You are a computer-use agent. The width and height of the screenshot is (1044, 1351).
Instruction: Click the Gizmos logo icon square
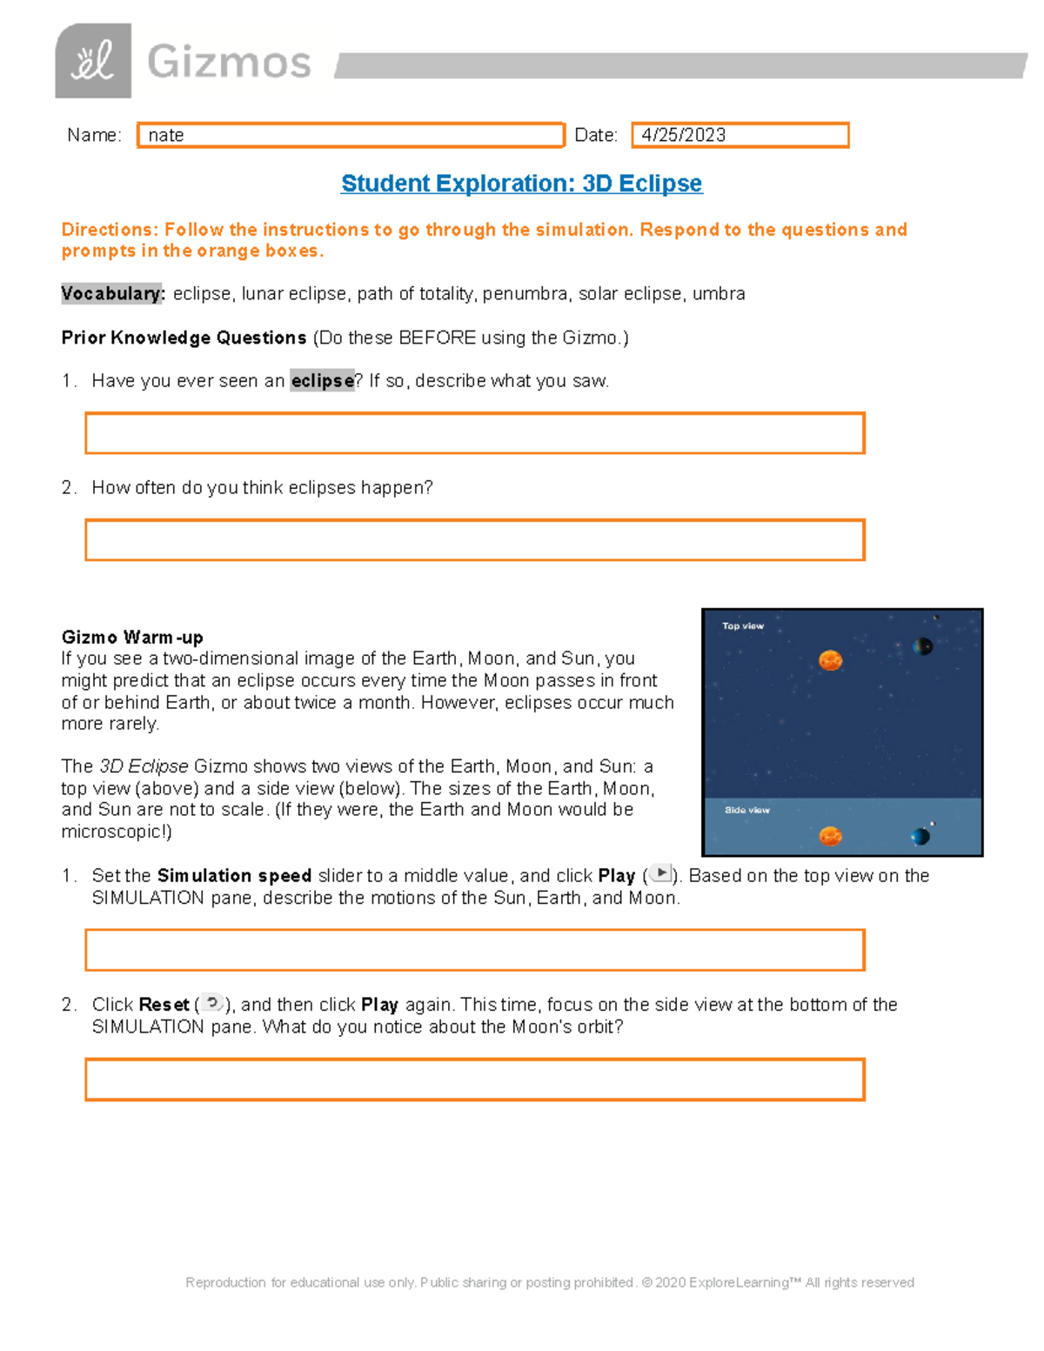click(x=93, y=61)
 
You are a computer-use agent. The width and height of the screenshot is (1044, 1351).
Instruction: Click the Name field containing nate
click(x=351, y=135)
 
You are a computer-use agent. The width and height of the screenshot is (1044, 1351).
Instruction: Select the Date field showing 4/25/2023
click(x=739, y=135)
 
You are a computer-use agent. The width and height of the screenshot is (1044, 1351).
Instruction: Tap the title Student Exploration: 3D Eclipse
click(x=521, y=184)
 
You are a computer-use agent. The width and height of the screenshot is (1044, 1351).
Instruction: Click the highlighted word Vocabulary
click(x=112, y=293)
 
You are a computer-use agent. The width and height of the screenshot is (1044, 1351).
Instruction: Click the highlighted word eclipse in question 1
click(x=322, y=381)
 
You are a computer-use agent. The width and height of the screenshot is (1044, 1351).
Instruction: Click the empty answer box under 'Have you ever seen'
click(x=474, y=433)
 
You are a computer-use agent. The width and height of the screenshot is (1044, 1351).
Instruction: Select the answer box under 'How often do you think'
click(x=474, y=540)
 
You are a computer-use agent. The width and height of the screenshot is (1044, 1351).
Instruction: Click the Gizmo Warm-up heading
click(x=132, y=637)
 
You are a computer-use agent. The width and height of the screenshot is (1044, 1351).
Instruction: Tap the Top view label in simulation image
click(x=742, y=625)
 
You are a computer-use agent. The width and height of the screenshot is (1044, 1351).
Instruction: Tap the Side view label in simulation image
click(x=746, y=810)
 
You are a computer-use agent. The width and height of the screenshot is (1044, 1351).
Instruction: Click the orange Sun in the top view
click(x=830, y=660)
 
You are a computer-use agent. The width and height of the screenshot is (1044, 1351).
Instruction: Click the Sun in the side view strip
click(x=830, y=836)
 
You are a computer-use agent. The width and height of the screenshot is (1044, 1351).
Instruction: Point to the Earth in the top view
click(x=923, y=645)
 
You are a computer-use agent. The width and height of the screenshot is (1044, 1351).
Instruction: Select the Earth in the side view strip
click(x=920, y=837)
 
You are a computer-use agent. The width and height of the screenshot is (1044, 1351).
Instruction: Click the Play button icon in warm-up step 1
click(x=660, y=874)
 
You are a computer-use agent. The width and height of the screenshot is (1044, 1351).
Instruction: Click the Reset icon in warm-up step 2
click(x=212, y=1003)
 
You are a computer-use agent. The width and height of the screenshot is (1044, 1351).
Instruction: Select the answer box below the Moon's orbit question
click(x=474, y=1080)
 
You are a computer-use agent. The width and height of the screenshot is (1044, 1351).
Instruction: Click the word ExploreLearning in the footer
click(x=739, y=1282)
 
